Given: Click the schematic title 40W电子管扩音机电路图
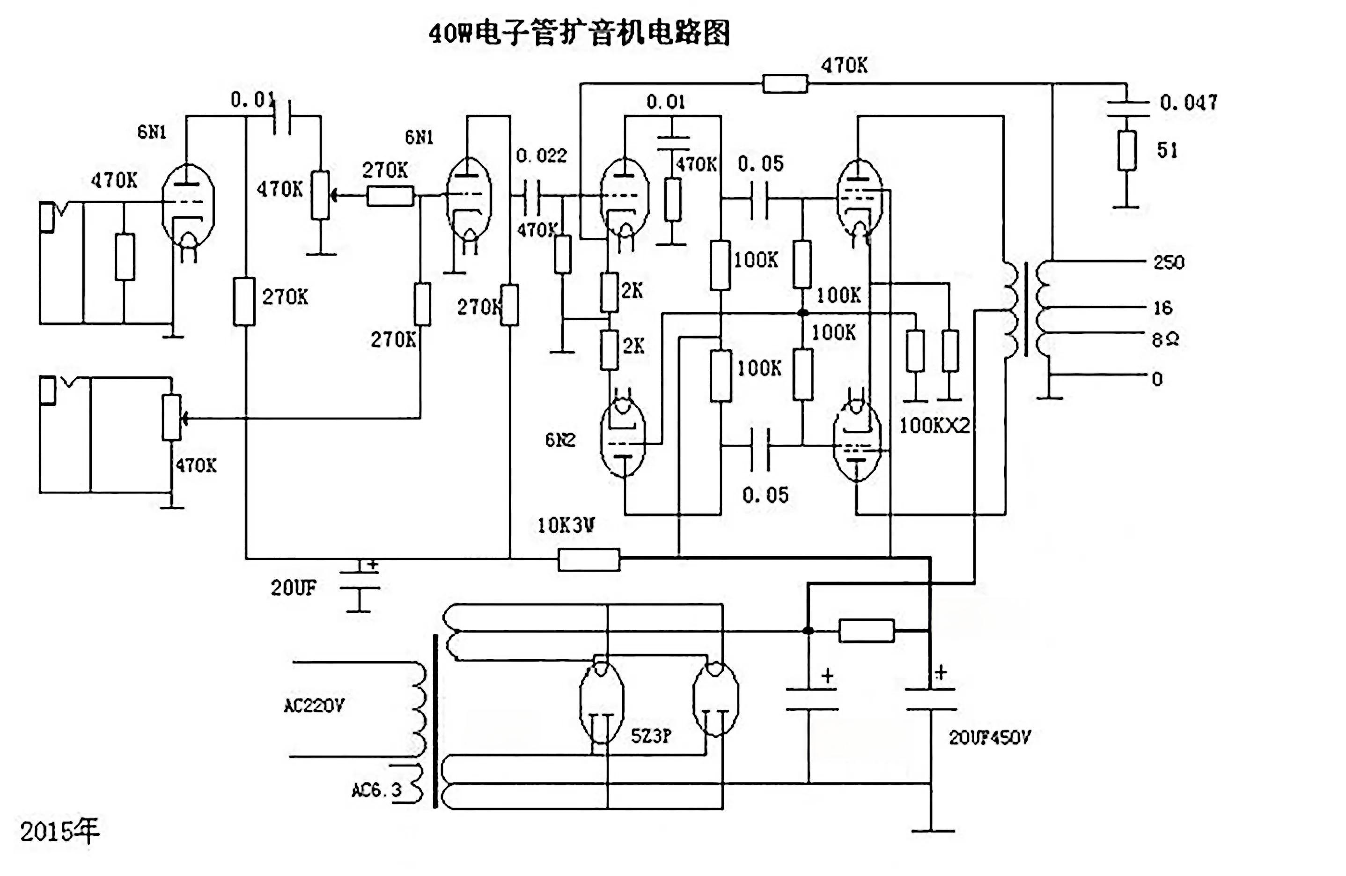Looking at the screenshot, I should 579,33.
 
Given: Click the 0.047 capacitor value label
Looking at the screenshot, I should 1188,103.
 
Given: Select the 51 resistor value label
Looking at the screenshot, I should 1167,150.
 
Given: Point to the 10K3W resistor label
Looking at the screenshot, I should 566,525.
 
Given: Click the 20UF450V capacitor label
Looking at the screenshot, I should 990,737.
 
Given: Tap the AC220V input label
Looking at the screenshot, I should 314,706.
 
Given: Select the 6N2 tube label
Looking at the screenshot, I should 560,440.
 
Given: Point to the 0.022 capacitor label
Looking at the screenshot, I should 541,155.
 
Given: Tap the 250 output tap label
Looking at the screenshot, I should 1169,262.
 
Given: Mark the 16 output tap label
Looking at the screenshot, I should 1163,308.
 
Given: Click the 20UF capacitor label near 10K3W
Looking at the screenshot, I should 293,588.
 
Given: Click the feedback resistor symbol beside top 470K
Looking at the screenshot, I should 785,84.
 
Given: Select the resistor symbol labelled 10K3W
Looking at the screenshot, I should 589,559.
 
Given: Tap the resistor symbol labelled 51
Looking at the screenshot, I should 1126,150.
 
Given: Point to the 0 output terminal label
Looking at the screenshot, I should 1157,379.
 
